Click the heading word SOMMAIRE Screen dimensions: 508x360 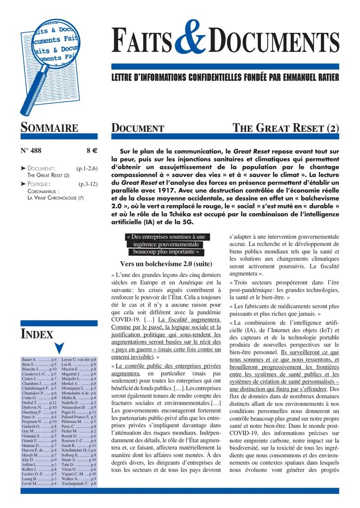49,128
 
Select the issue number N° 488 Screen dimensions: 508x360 33,151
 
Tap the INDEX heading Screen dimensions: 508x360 37,334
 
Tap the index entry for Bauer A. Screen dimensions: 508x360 39,360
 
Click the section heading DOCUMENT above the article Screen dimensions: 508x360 137,129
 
